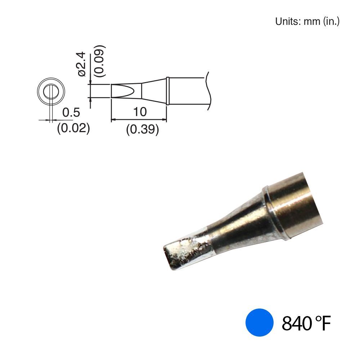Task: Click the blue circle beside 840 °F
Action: [x=260, y=323]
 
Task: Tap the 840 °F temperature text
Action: [x=306, y=323]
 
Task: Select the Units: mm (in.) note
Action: [x=307, y=21]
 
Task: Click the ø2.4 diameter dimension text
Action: [x=82, y=64]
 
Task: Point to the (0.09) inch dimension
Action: [x=100, y=61]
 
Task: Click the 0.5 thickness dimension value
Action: [x=71, y=112]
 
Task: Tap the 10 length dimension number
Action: [x=140, y=112]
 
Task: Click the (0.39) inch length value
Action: [x=142, y=129]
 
